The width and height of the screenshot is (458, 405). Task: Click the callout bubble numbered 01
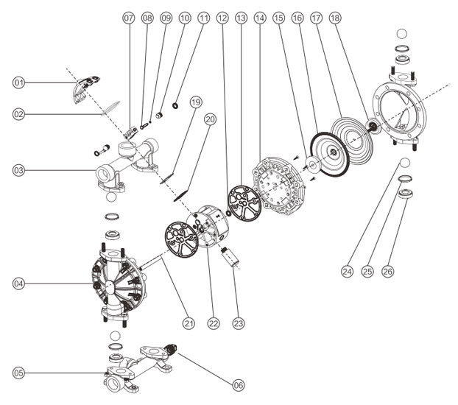tap(18, 82)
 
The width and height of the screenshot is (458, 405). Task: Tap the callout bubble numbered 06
tap(239, 385)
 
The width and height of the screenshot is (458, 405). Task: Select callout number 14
tap(260, 18)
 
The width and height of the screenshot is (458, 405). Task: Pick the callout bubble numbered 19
tap(196, 102)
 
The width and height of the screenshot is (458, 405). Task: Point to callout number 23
tap(239, 323)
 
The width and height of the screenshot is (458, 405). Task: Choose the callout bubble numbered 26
tap(387, 272)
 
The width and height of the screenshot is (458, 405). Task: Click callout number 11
tap(203, 18)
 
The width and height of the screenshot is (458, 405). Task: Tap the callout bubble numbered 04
tap(18, 283)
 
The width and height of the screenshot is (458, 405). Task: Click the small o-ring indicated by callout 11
tap(175, 105)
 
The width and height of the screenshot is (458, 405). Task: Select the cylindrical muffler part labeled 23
tap(230, 257)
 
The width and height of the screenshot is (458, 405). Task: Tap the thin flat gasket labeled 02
tap(110, 108)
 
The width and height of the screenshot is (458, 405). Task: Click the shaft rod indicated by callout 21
tap(152, 261)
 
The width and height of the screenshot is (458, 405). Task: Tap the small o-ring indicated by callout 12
tap(229, 212)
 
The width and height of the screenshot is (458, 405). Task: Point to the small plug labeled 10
tap(159, 115)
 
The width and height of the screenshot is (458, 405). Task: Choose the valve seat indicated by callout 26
tap(406, 194)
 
